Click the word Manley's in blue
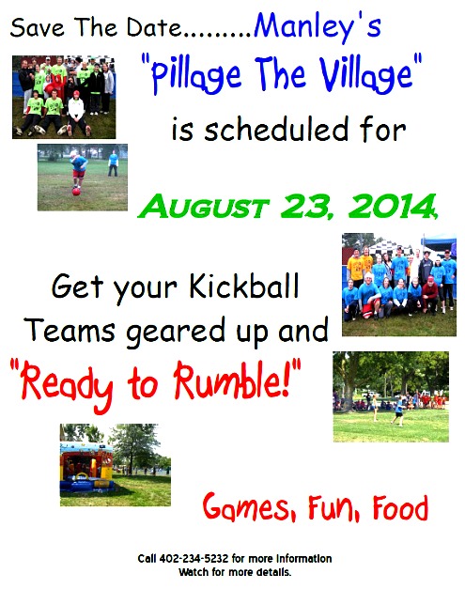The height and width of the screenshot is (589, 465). coord(318,28)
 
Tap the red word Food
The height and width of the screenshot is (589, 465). coord(399,509)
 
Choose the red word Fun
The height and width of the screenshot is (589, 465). coord(329,509)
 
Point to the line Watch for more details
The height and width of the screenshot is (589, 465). coord(234,571)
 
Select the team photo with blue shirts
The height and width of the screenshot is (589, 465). coord(398,284)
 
